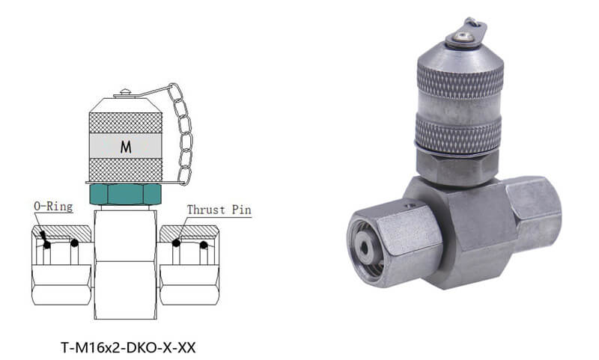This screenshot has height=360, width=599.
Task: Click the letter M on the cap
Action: tap(125, 147)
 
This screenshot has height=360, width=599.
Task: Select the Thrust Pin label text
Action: tap(218, 210)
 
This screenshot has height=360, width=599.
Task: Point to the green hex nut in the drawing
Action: tap(125, 195)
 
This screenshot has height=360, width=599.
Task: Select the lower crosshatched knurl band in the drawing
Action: tap(125, 168)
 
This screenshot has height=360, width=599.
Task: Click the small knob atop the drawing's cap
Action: tap(125, 94)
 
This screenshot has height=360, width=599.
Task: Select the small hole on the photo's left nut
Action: tap(409, 204)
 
